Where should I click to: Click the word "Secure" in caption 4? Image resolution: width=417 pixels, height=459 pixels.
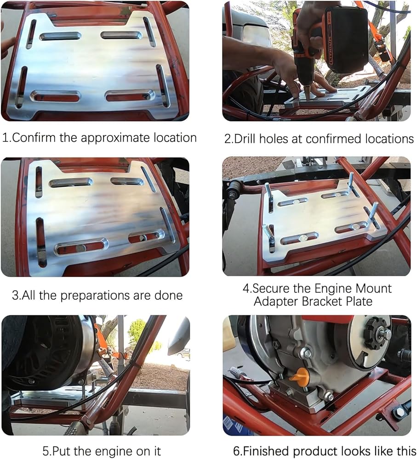click(x=271, y=288)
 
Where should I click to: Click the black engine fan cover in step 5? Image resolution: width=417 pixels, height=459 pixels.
click(x=44, y=351)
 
